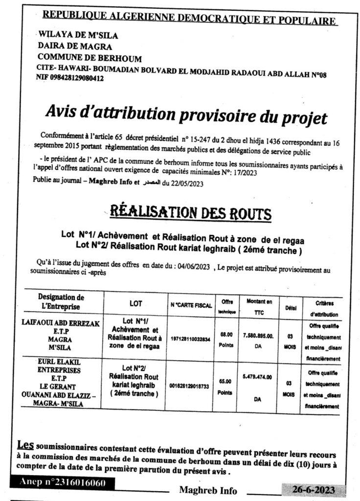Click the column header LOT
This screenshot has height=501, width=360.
pyautogui.click(x=136, y=303)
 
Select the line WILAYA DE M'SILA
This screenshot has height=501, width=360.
pyautogui.click(x=78, y=36)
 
